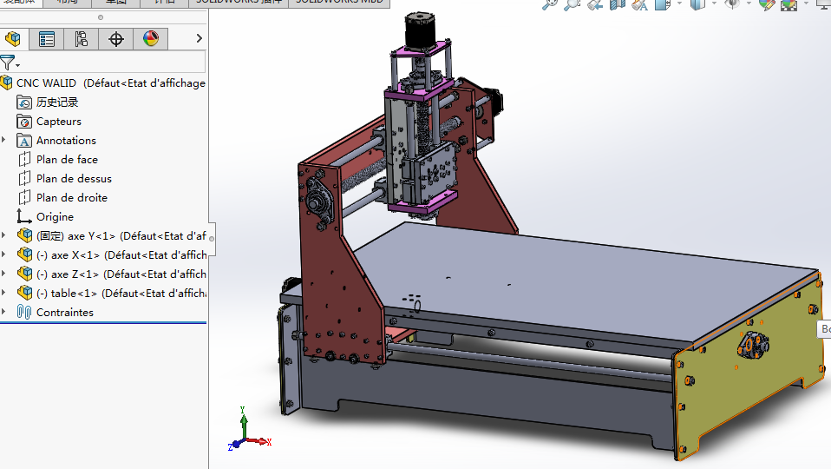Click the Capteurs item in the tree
tap(58, 122)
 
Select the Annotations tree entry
tap(66, 141)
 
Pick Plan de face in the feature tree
tap(67, 160)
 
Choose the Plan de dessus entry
tap(74, 179)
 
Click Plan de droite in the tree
tap(71, 198)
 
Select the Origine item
tap(55, 217)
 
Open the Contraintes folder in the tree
tap(64, 313)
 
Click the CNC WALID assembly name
tap(46, 83)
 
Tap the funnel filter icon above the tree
tap(7, 62)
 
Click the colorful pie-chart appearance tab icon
tap(151, 38)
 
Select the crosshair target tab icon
tap(116, 38)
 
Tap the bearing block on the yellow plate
tap(751, 345)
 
